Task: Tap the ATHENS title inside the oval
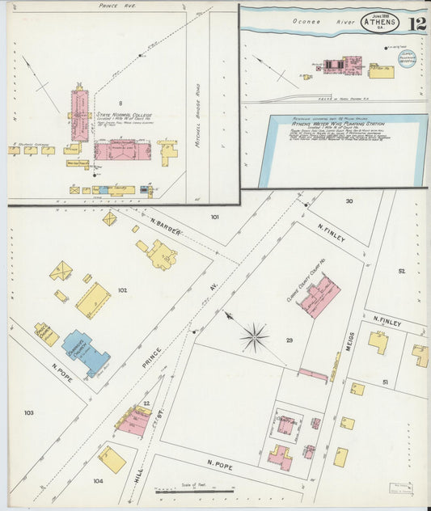coord(379,22)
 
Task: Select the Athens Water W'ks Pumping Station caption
coord(337,125)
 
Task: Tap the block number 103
coord(29,412)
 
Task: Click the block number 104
coord(99,480)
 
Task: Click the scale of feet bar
coord(194,490)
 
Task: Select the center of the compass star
coord(254,336)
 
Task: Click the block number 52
coord(401,271)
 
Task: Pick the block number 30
coord(349,201)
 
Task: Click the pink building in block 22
coord(132,420)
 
